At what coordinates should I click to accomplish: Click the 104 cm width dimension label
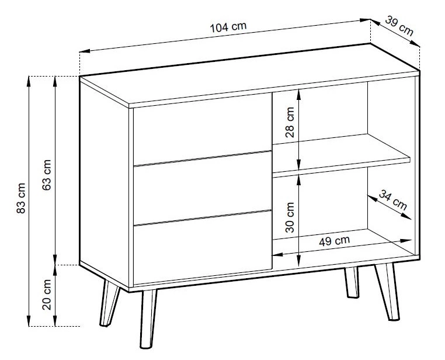(228, 27)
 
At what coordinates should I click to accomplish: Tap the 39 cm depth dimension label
(399, 26)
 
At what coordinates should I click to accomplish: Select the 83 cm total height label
(21, 198)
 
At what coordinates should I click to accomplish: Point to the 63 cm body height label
(46, 175)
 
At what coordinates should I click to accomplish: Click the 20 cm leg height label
(47, 295)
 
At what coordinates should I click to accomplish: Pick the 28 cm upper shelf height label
(290, 122)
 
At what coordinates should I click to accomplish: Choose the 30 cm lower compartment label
(290, 217)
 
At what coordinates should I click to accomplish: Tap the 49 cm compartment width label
(334, 241)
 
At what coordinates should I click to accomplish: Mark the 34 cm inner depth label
(393, 200)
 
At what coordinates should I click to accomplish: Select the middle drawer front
(203, 189)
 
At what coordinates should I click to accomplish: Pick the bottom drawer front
(203, 248)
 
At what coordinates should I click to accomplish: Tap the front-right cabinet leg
(387, 292)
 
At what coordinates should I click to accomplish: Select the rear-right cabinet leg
(352, 282)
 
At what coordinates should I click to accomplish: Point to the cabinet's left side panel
(104, 182)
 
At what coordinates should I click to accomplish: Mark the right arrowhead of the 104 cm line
(365, 20)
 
